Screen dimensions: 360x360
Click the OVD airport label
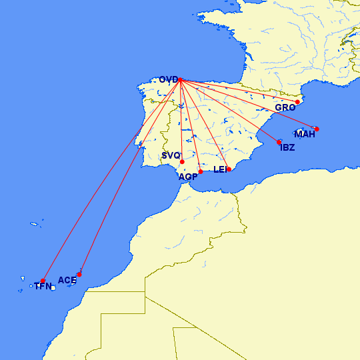168,80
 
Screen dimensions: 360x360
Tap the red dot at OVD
180,81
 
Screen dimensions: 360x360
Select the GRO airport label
285,107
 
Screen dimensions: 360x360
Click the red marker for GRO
298,102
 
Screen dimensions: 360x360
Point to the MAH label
305,134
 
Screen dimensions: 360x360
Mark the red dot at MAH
317,129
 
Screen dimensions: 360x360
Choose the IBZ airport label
287,147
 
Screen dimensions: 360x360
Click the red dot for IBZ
279,142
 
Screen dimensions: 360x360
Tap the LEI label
220,169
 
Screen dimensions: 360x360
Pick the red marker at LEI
229,169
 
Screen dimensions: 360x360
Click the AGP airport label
187,176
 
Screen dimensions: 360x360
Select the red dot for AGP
201,171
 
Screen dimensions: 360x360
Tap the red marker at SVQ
182,161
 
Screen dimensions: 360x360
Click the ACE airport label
67,280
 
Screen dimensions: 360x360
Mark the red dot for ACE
79,274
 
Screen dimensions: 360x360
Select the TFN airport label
43,287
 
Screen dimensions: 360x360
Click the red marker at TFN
43,281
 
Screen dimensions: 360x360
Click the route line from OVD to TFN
111,181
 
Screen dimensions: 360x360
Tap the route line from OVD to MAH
248,105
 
